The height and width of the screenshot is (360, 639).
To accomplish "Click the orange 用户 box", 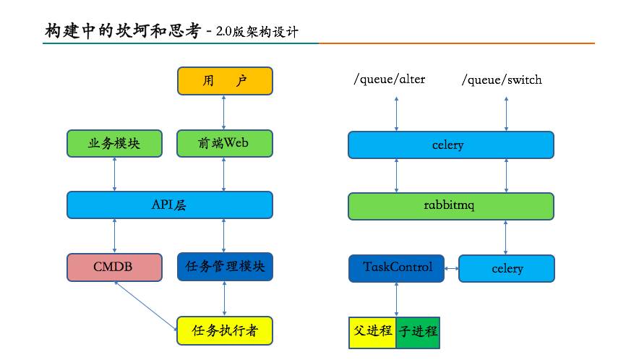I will (x=225, y=81).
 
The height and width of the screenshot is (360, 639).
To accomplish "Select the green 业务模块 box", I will (x=114, y=143).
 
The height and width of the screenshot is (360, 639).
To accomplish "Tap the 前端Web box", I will (x=225, y=143).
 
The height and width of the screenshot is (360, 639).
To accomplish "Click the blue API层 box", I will (x=170, y=205).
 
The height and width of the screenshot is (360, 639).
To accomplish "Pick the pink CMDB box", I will (x=114, y=267).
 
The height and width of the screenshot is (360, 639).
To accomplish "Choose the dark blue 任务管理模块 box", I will (x=225, y=267).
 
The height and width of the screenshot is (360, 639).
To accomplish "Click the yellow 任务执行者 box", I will (x=225, y=330).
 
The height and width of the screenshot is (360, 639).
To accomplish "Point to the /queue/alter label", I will (x=389, y=80).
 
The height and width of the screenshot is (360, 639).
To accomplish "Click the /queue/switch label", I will (x=502, y=80).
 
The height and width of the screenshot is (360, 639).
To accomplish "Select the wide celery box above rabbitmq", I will (x=450, y=145).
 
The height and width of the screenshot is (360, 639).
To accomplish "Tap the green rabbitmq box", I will (x=450, y=206).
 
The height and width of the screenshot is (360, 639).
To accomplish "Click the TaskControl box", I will (x=397, y=267).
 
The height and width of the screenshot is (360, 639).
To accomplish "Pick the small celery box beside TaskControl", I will (x=507, y=268).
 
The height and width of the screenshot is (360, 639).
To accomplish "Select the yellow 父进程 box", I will (x=372, y=332).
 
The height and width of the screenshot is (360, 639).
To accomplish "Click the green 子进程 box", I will (x=418, y=332).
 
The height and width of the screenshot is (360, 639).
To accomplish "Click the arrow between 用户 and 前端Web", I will (x=224, y=112).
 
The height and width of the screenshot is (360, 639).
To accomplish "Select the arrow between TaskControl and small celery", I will (x=452, y=268).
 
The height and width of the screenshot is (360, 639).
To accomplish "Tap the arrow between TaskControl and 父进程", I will (x=396, y=299).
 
